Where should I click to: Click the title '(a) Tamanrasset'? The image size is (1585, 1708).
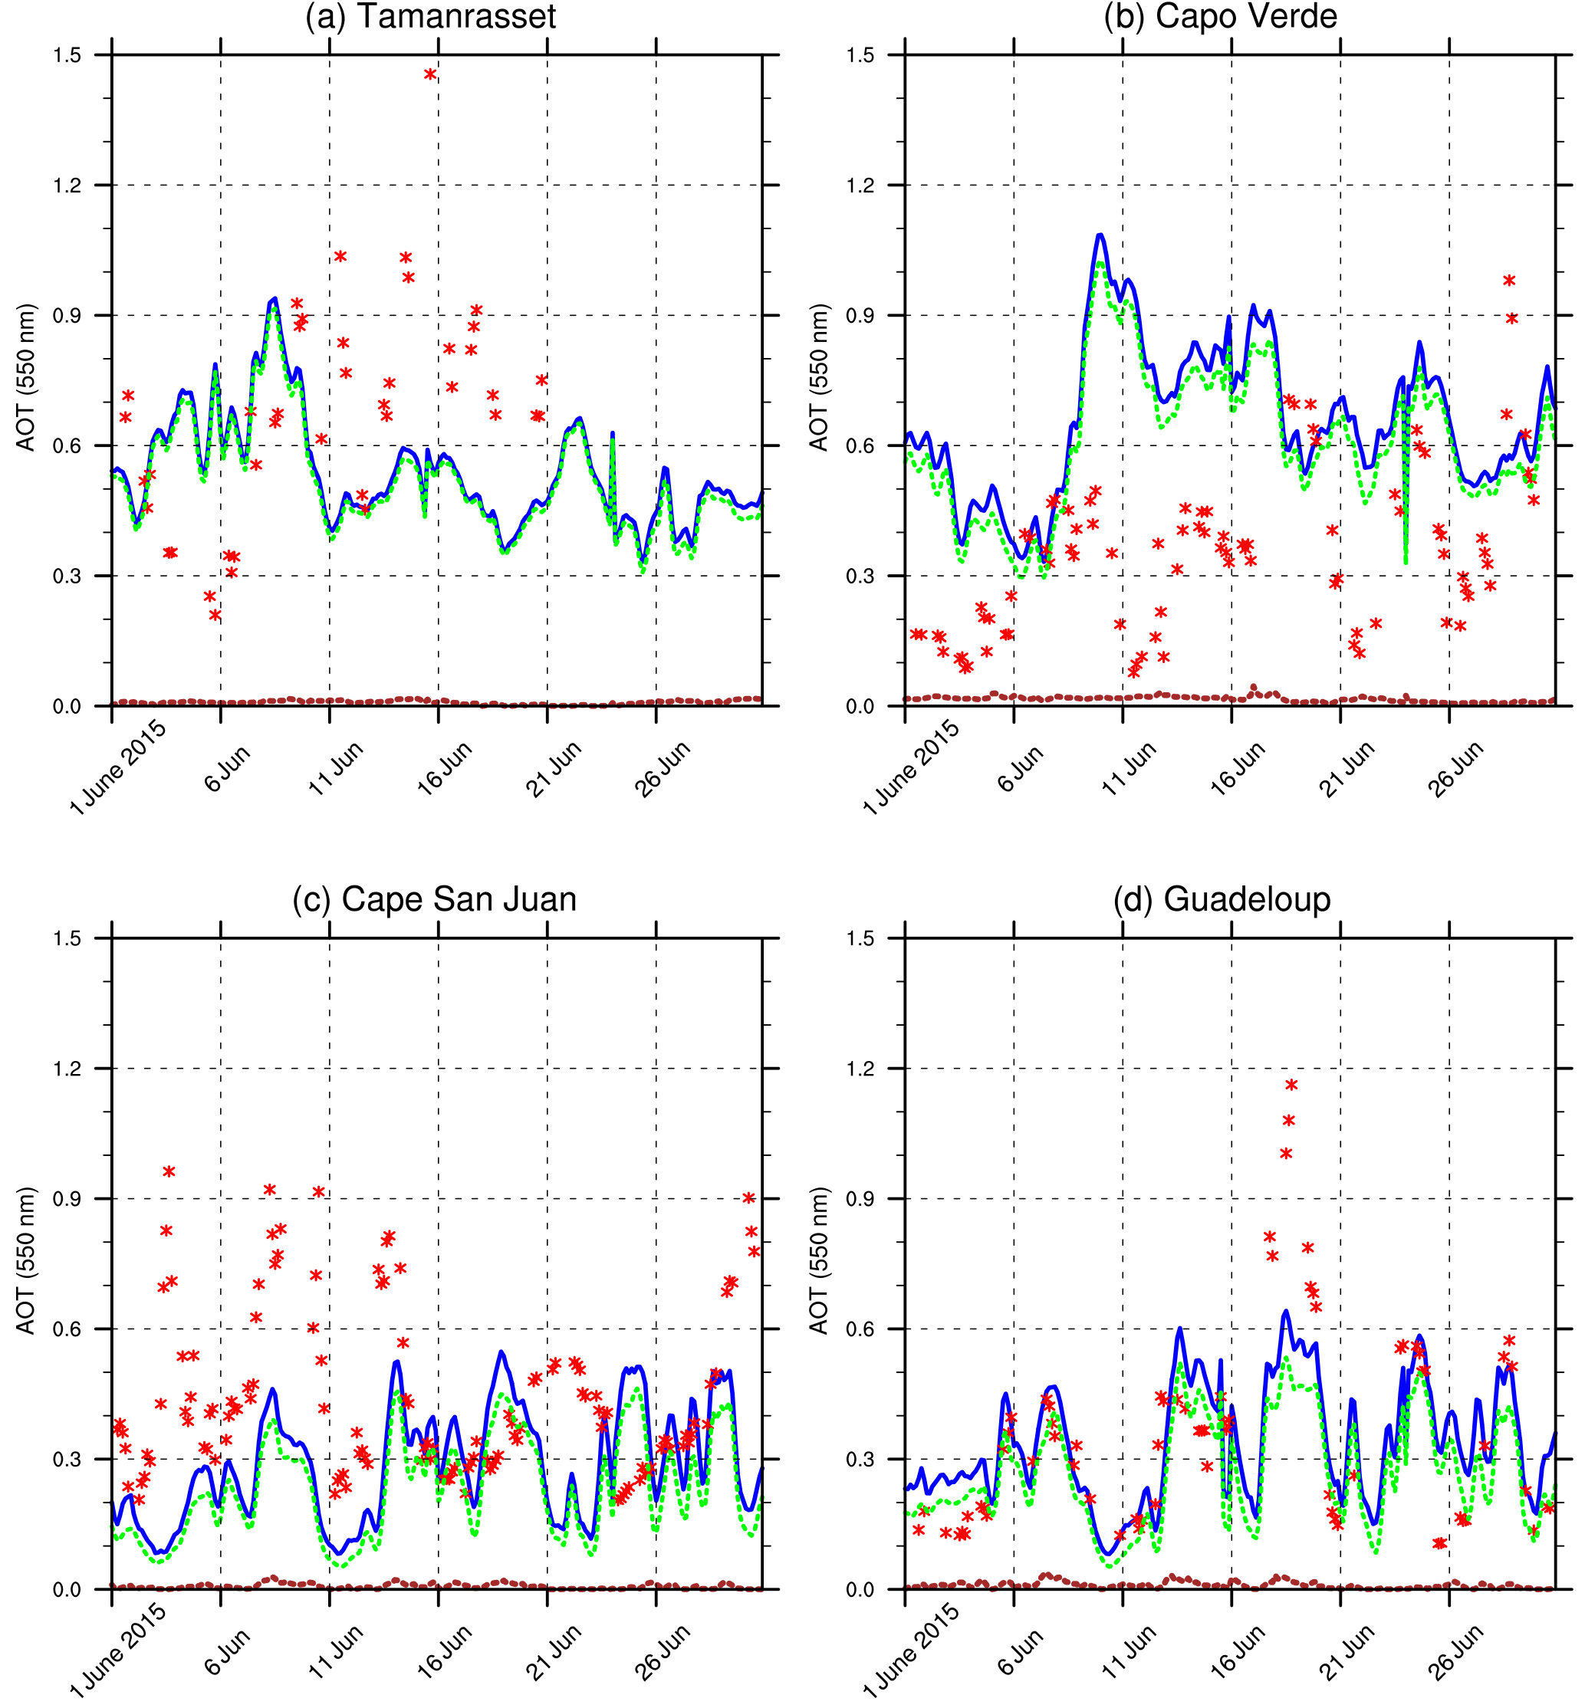(x=429, y=17)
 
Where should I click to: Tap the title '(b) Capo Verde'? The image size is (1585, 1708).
(x=1221, y=17)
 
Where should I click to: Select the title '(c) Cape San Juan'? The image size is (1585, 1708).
(x=434, y=899)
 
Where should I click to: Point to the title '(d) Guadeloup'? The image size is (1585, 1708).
(x=1222, y=899)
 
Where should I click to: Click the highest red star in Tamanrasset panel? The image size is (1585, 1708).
(x=429, y=74)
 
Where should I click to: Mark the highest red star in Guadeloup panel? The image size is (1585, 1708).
(x=1291, y=1086)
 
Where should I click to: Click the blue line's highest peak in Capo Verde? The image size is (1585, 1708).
(x=1100, y=234)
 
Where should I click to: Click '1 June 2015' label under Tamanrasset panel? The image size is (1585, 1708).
(x=118, y=767)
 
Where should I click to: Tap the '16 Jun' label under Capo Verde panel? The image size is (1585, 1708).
(x=1237, y=767)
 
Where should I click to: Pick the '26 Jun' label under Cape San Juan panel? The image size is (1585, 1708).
(x=662, y=1651)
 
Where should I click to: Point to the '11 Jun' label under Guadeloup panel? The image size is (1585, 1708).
(x=1128, y=1651)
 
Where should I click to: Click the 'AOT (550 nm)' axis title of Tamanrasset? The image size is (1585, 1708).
(x=27, y=377)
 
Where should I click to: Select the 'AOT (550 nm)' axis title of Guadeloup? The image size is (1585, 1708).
(x=820, y=1260)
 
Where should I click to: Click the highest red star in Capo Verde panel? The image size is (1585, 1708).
(x=1508, y=281)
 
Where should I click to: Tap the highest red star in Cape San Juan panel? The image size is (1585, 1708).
(x=169, y=1171)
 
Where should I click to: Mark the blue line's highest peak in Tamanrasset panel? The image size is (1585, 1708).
(x=274, y=299)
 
